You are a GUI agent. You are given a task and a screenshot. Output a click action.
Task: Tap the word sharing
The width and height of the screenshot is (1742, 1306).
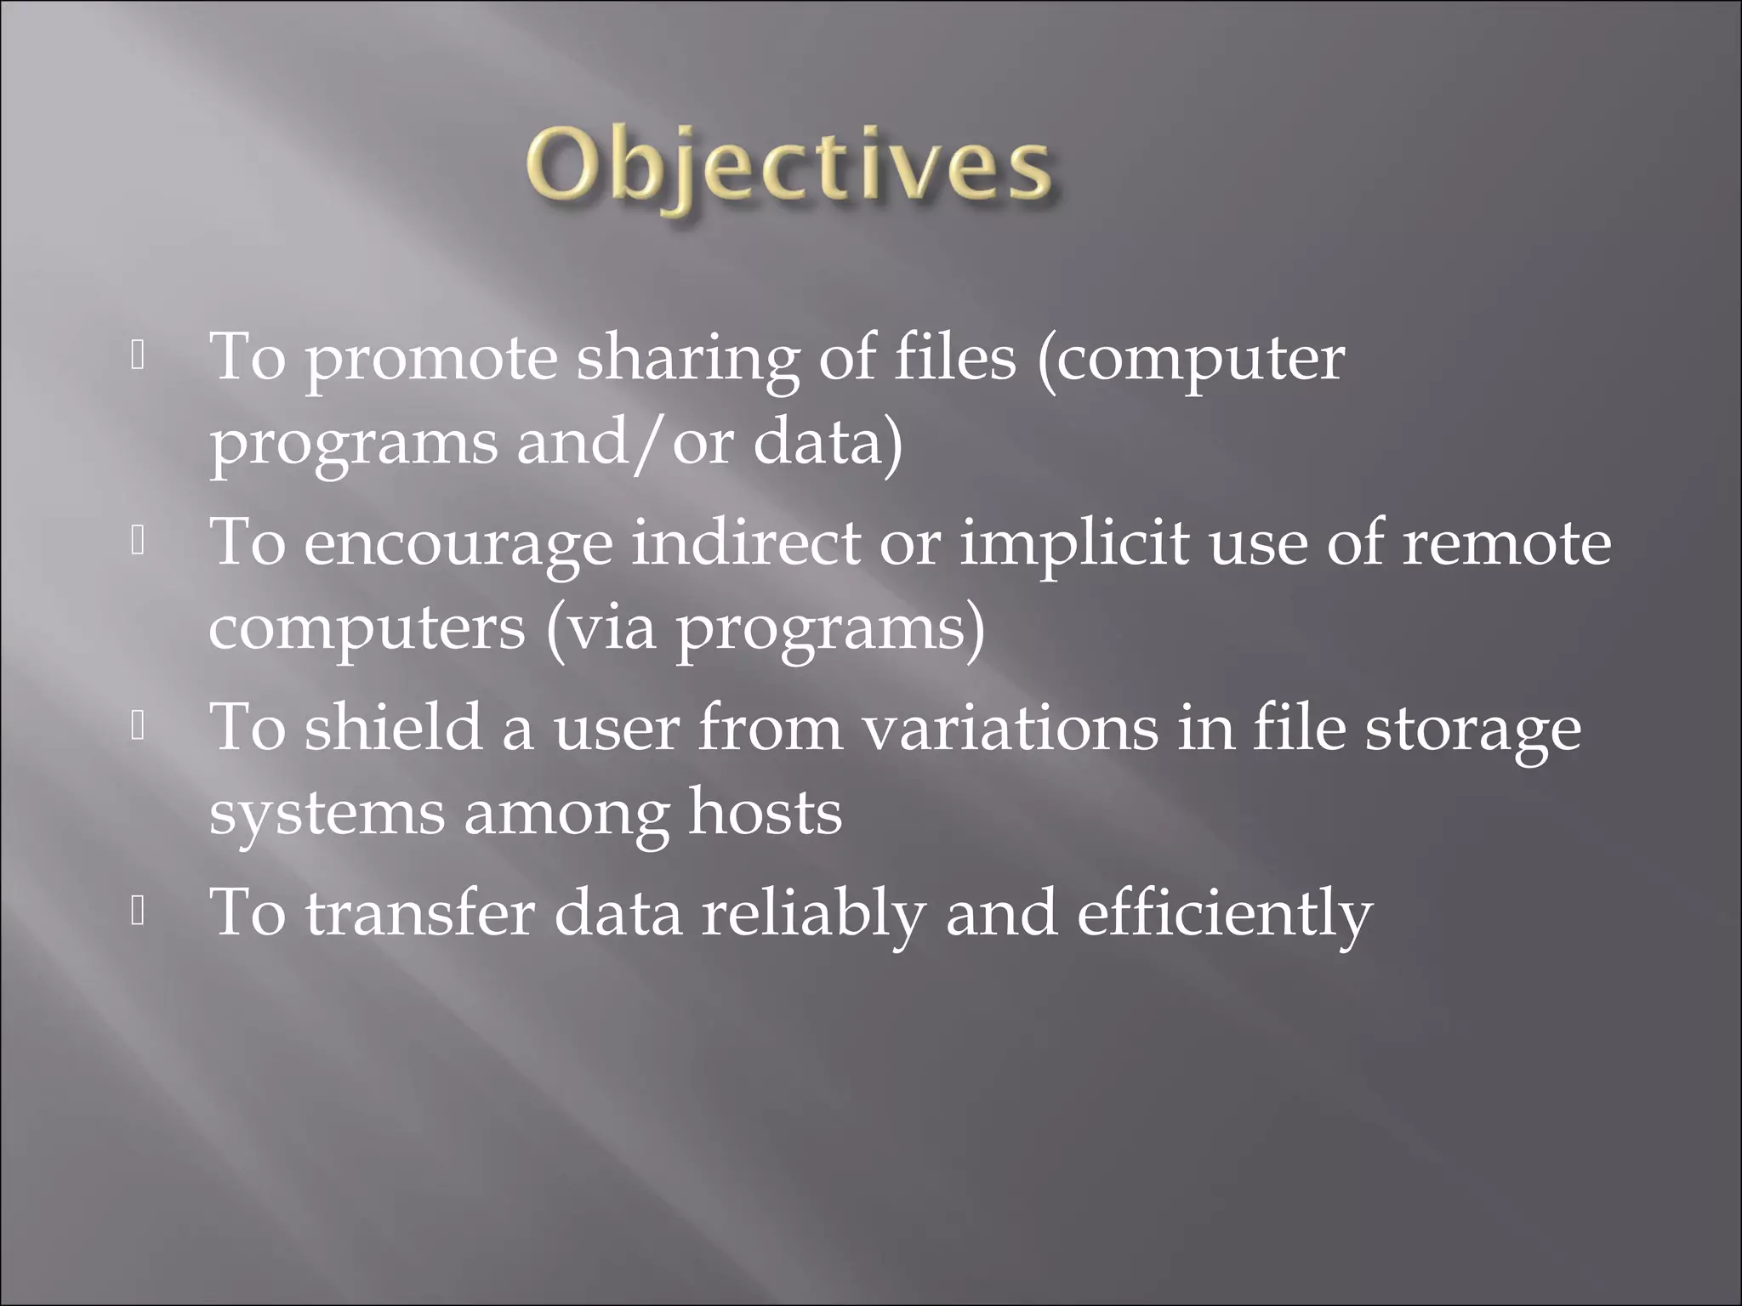(x=687, y=361)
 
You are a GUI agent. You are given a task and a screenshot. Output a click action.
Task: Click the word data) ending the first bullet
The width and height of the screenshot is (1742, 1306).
(x=828, y=444)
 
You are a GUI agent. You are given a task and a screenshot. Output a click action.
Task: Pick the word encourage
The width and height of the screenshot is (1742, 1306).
(x=458, y=545)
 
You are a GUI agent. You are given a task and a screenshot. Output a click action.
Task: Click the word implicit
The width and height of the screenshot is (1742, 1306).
(x=1074, y=545)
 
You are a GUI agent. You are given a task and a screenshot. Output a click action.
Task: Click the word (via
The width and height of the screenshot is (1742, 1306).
(x=601, y=629)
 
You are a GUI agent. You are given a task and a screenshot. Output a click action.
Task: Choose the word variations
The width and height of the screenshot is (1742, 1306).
(x=1010, y=729)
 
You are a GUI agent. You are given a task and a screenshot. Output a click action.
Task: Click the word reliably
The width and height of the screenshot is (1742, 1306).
(x=812, y=914)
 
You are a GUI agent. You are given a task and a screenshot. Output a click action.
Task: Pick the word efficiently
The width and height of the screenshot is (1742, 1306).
(x=1224, y=914)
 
